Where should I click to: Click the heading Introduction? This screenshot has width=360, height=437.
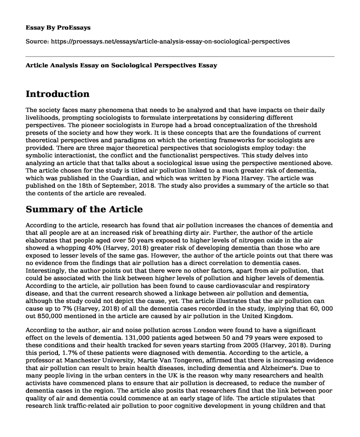point(58,94)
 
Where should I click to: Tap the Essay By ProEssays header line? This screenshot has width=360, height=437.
point(58,27)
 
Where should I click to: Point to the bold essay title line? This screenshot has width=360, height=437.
point(122,65)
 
